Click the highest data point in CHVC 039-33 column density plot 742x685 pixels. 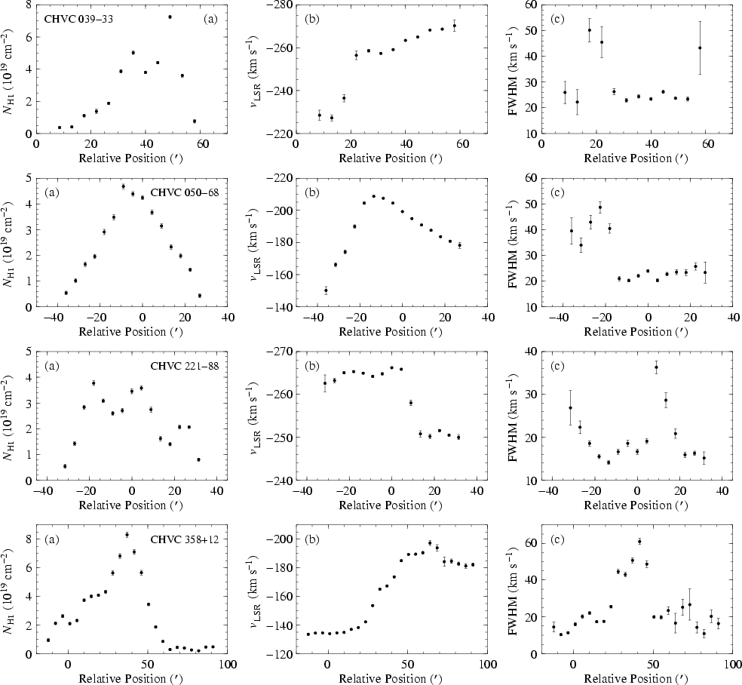(x=170, y=17)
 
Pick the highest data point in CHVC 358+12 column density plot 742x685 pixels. (x=127, y=535)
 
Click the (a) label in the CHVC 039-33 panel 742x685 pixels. (x=210, y=17)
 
